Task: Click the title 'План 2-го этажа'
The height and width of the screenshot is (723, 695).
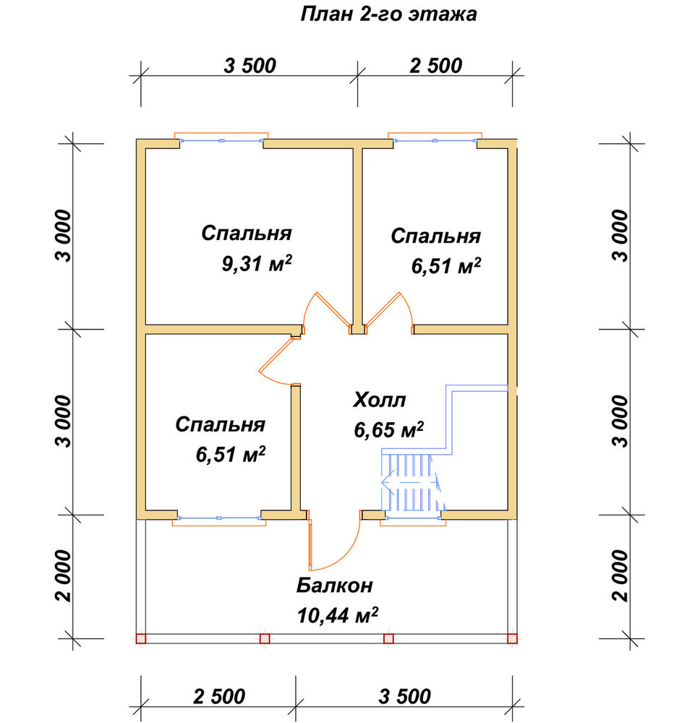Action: (388, 14)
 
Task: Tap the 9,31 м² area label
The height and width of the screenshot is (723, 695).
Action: (257, 263)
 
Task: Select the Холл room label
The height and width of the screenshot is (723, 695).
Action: (379, 400)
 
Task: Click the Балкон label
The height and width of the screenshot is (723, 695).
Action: (334, 585)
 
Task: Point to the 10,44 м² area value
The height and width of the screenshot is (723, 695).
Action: (337, 615)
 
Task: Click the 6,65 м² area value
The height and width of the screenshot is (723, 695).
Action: (388, 429)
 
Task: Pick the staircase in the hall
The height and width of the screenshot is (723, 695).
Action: (411, 482)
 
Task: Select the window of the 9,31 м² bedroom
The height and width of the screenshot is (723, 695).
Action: (221, 140)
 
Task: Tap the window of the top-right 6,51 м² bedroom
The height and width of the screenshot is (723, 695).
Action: (435, 140)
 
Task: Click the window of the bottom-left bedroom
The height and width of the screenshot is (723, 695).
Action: (219, 518)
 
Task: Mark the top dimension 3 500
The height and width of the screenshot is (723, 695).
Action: (250, 66)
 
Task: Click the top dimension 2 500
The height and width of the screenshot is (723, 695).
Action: (436, 66)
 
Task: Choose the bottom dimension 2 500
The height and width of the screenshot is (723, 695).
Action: (219, 696)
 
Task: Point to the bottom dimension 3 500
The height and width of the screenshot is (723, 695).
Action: (405, 696)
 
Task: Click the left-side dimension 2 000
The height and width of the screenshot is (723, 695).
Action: (64, 576)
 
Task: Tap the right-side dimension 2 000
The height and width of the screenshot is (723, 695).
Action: (621, 576)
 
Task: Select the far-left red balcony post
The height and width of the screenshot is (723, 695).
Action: (141, 638)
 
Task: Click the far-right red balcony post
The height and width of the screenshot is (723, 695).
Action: (512, 638)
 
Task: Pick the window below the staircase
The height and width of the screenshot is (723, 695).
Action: (413, 518)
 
